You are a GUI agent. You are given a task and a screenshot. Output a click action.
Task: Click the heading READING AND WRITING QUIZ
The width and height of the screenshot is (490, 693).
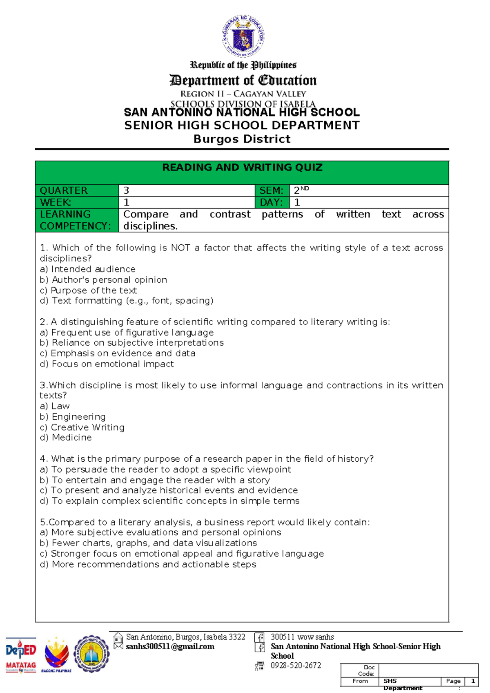pos(242,168)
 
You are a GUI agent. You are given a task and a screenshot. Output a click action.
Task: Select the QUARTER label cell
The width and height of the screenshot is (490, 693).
pos(77,190)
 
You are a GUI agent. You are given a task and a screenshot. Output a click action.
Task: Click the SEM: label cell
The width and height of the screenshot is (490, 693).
pos(271,190)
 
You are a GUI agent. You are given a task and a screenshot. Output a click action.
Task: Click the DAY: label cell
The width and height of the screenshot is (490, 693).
pos(271,202)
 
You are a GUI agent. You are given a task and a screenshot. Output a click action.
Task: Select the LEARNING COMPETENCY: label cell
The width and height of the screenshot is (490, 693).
pos(77,220)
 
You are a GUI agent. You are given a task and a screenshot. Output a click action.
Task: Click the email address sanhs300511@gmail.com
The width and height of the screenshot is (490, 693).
pos(170,646)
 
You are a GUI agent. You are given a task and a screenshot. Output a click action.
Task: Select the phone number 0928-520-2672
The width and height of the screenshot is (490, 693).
pos(296,665)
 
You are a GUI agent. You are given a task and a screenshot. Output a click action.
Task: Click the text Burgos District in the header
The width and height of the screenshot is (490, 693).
pos(242,139)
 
